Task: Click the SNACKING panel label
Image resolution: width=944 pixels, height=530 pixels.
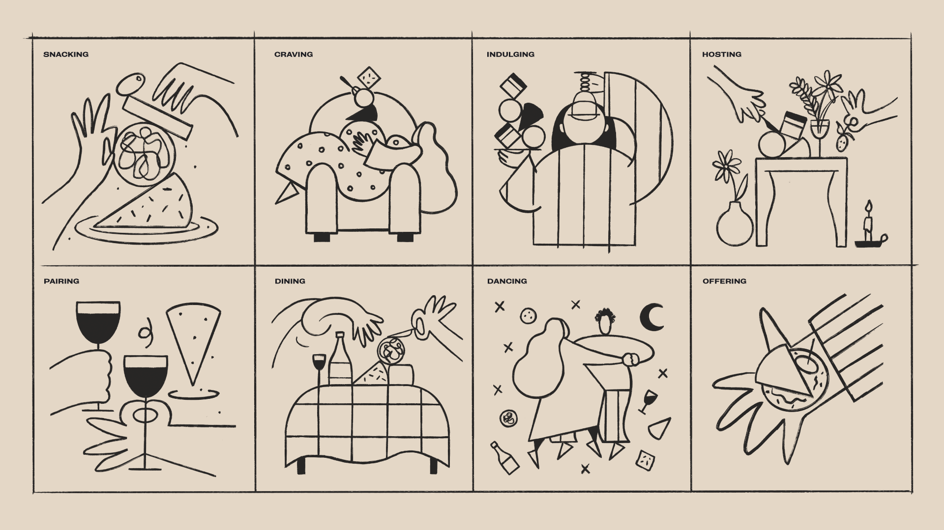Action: (66, 55)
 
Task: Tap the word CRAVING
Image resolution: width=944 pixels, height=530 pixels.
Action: (294, 55)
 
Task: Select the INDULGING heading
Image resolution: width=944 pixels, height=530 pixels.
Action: (510, 55)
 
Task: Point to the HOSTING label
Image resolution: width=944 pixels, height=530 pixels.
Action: (722, 55)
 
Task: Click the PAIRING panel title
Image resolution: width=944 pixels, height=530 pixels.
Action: (61, 281)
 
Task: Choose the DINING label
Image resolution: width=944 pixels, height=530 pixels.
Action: (290, 281)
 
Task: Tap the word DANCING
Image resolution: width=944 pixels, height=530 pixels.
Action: (507, 281)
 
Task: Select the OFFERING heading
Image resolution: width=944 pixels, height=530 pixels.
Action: (724, 281)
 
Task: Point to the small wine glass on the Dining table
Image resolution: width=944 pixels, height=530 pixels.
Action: (319, 366)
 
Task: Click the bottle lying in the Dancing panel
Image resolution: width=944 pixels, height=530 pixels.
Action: (505, 458)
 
